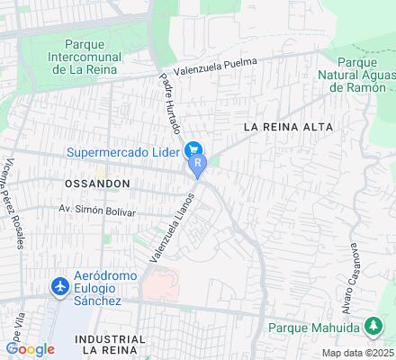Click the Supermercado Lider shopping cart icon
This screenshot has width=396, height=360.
(192, 149)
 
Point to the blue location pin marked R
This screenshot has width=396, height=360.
(198, 164)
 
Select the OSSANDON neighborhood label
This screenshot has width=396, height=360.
(97, 183)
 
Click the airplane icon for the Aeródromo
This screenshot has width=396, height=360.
(61, 286)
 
